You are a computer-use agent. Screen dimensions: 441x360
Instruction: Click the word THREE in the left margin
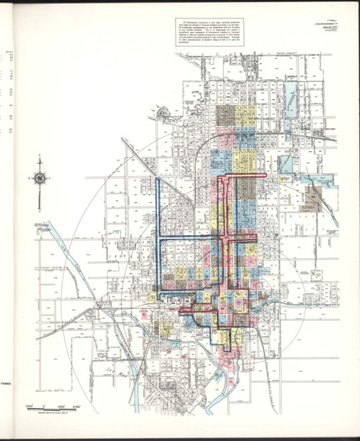tap(6, 383)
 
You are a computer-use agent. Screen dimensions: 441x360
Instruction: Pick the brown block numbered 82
tap(315, 194)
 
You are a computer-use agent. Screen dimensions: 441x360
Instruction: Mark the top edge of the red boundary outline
tap(238, 175)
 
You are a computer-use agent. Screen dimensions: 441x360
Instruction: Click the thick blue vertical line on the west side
tap(158, 216)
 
